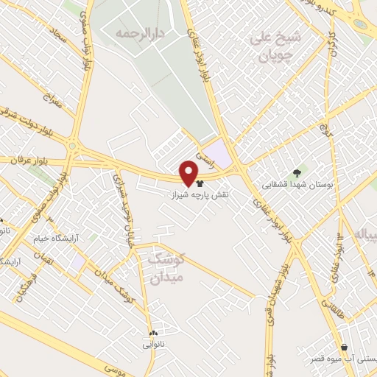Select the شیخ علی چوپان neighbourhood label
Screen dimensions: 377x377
tap(275, 46)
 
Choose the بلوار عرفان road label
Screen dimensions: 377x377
tap(26, 160)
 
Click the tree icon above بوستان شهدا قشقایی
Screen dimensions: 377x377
tap(297, 173)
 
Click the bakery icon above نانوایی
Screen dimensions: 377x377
tap(154, 333)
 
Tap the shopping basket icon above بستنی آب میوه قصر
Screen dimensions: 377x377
tap(344, 347)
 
